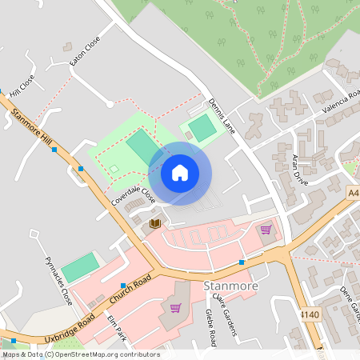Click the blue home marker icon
(180, 173)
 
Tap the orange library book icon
(155, 223)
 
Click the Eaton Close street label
(85, 50)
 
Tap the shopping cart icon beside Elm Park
(175, 308)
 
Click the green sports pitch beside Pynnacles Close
(80, 267)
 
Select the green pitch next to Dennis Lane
(202, 126)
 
